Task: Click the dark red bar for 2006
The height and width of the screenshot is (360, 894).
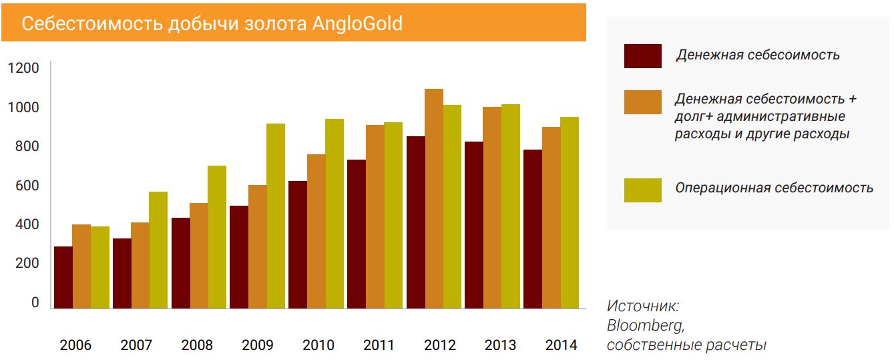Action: click(63, 277)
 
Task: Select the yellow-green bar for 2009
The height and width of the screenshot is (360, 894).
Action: click(275, 216)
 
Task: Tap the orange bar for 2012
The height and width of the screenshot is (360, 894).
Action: click(434, 198)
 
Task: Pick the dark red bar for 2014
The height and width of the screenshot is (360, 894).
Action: click(533, 228)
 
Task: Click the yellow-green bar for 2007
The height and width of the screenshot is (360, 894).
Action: click(158, 250)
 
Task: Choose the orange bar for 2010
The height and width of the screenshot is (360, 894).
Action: click(316, 231)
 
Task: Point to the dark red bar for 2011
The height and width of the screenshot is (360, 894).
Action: click(356, 234)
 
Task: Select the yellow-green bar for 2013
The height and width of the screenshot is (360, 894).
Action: click(511, 206)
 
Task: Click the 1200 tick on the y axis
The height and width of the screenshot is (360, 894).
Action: click(23, 68)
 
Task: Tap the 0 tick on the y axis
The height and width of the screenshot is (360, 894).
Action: click(35, 303)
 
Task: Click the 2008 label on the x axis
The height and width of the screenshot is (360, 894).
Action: click(197, 345)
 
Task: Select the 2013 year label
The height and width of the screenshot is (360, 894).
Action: click(500, 345)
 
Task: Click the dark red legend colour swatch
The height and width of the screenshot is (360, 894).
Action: click(642, 56)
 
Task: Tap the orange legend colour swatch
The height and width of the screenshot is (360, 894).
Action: click(642, 102)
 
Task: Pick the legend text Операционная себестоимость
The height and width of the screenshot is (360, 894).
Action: click(774, 188)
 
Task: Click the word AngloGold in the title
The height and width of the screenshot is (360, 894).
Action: click(357, 24)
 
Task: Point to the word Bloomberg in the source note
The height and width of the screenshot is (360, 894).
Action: click(645, 326)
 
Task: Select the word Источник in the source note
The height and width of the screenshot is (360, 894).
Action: click(642, 307)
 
